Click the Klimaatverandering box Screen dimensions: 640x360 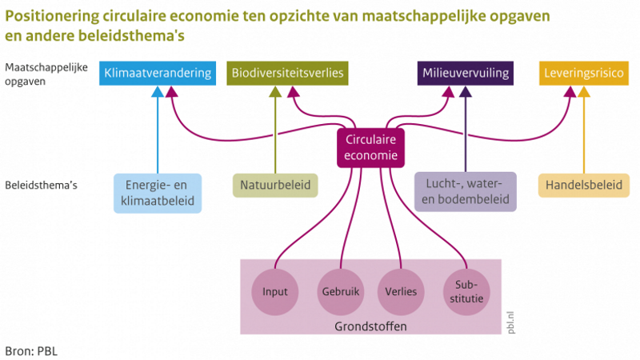point(158,73)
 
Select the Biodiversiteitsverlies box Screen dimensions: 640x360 point(287,73)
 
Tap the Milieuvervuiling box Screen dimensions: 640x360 point(466,73)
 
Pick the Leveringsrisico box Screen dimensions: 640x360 point(584,73)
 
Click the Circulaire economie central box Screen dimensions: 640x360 point(370,148)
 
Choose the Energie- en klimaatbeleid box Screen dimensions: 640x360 point(158,193)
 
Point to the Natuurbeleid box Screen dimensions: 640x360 point(275,186)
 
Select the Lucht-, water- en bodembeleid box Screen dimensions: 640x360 point(466,191)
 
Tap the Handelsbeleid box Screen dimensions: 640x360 point(584,186)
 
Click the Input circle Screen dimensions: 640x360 point(275,292)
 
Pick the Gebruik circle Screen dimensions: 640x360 point(341,292)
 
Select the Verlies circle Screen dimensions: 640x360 point(401,292)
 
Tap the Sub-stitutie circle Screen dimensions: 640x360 point(466,292)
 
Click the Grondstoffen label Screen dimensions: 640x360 point(370,326)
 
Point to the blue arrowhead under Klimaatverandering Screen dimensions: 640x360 point(158,92)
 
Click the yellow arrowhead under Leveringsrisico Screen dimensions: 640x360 point(584,92)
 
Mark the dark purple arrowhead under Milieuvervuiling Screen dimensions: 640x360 point(466,92)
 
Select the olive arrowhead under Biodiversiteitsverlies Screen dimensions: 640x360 point(275,92)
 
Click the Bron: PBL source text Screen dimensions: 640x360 point(31,351)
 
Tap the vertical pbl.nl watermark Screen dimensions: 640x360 point(510,322)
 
